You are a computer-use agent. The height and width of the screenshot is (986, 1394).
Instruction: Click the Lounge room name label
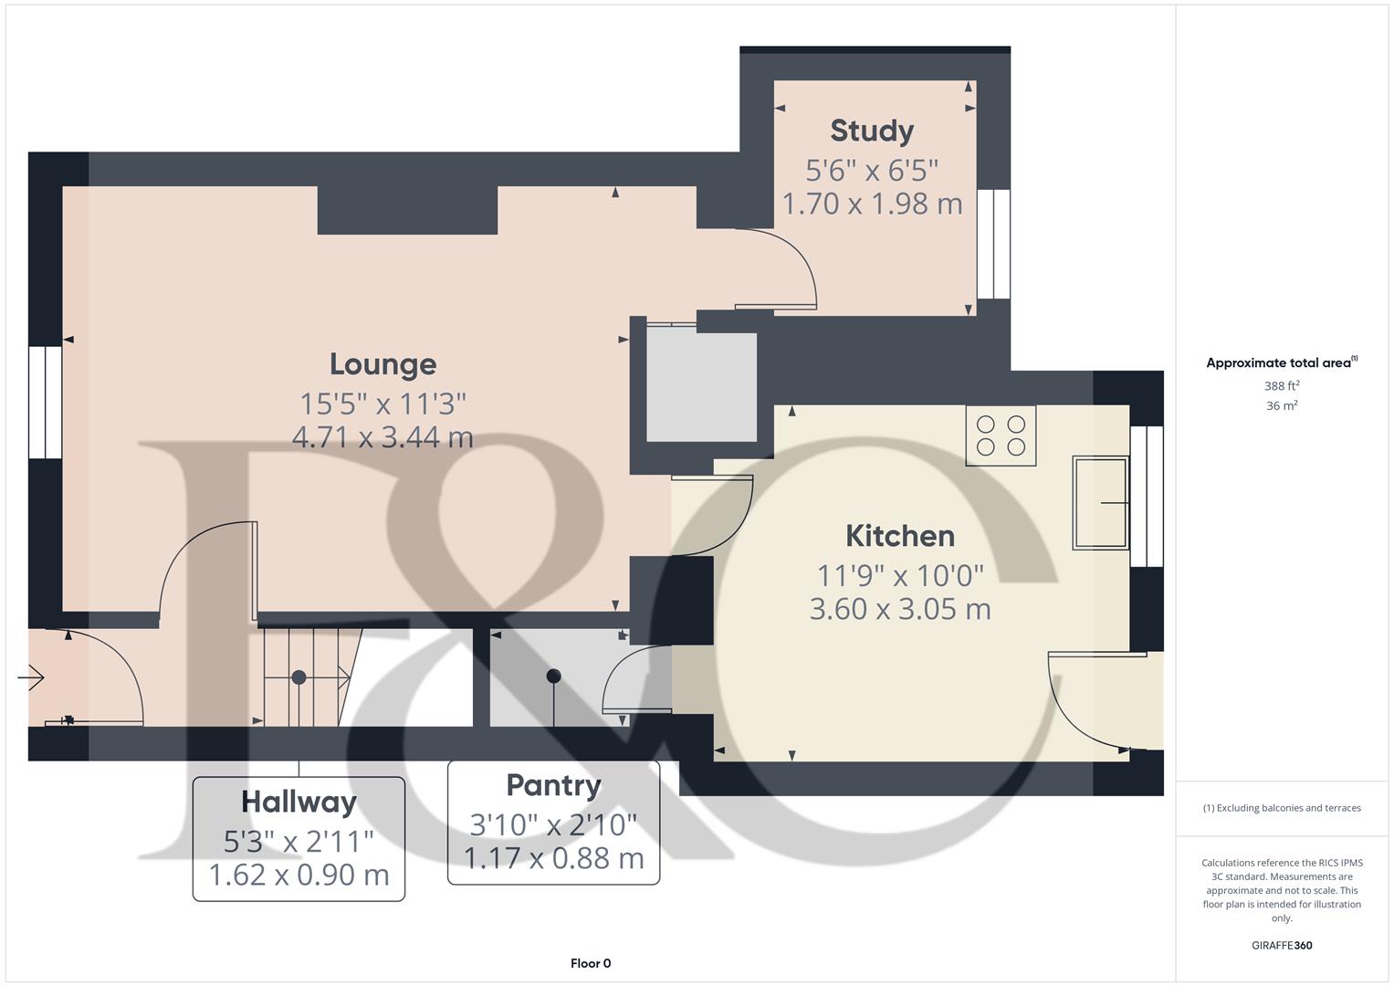(383, 364)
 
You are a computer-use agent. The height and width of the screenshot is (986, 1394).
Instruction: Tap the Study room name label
(872, 131)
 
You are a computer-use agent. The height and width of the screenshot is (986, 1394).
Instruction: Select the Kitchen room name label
(899, 536)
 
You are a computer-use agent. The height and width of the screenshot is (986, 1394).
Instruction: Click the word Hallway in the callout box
(299, 802)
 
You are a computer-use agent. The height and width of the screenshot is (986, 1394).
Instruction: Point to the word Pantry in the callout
(553, 785)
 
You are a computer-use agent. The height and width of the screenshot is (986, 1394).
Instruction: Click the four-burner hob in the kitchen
(1001, 435)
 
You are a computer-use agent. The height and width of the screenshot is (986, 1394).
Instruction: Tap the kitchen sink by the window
(1100, 502)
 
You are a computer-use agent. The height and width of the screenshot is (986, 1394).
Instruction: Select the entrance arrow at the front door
(31, 677)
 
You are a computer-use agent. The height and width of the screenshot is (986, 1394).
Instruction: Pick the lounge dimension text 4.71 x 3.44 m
(383, 437)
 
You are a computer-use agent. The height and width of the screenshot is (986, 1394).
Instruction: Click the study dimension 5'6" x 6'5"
(872, 170)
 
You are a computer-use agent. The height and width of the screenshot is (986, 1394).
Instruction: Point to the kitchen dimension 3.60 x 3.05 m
(899, 609)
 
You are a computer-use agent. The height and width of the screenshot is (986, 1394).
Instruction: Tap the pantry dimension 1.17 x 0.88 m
(553, 858)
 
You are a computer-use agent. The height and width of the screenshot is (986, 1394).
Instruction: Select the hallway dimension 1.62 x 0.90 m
(299, 875)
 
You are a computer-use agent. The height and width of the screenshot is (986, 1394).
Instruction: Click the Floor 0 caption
(591, 963)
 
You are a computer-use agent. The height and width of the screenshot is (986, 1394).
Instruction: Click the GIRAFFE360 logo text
(1281, 945)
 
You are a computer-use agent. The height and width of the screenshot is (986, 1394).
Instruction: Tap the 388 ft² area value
(1281, 386)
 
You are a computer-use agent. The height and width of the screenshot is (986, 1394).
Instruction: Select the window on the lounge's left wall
(45, 402)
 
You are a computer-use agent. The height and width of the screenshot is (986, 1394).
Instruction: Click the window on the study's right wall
(993, 244)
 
